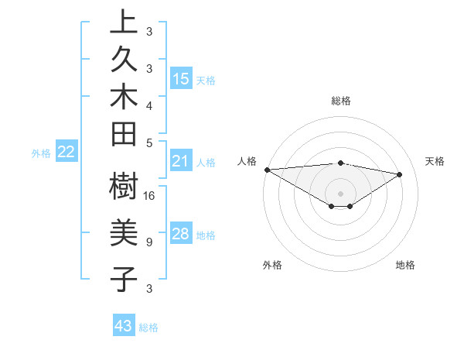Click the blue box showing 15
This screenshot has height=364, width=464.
point(181,79)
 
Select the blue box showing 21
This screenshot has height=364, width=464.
point(181,162)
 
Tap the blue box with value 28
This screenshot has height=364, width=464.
point(181,235)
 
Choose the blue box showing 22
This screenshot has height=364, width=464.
point(66,153)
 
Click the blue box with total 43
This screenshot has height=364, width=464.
point(124,326)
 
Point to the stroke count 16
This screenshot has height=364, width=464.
point(150,195)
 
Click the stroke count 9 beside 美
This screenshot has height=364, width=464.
point(148,242)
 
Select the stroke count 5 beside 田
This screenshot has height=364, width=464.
point(148,142)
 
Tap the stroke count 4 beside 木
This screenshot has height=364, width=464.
point(148,105)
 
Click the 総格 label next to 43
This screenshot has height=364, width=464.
point(148,328)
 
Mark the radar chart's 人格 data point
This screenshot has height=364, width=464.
point(267,170)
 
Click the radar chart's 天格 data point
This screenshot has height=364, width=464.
point(400,174)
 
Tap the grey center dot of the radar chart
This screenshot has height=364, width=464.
point(340,193)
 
